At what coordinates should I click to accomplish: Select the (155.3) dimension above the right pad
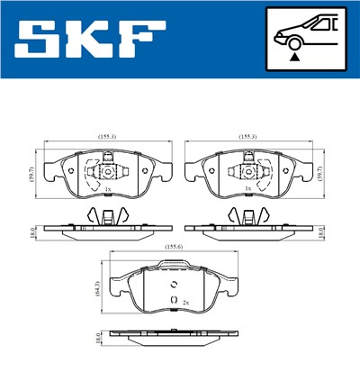coord(248,136)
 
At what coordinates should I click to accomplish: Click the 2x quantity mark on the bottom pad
coord(185,302)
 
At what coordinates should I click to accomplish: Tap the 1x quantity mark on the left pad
coord(107,190)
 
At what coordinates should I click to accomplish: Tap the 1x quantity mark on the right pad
coord(247,190)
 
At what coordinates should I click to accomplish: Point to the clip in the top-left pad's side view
coord(107,216)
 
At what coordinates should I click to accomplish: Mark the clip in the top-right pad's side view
coord(247,216)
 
